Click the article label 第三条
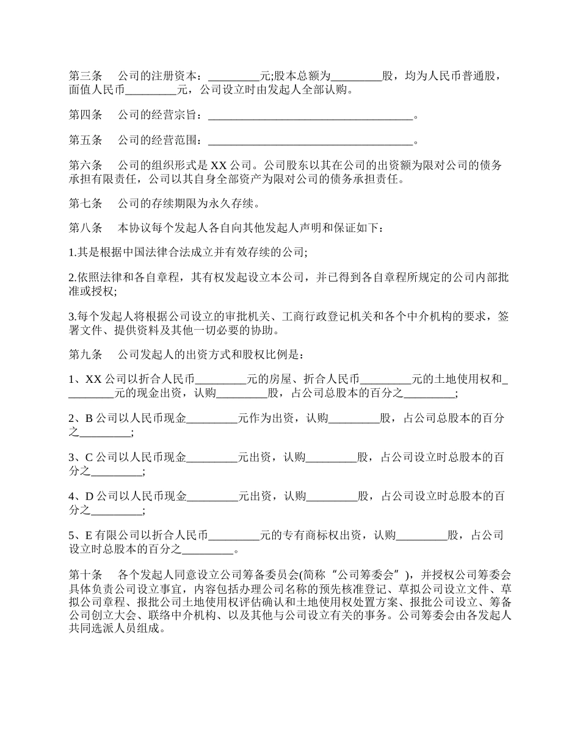pyautogui.click(x=85, y=76)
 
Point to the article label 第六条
pyautogui.click(x=85, y=165)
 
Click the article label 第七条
pyautogui.click(x=85, y=203)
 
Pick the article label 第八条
pyautogui.click(x=85, y=228)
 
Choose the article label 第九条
pyautogui.click(x=85, y=354)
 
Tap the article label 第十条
pyautogui.click(x=85, y=575)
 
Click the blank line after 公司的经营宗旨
pyautogui.click(x=311, y=115)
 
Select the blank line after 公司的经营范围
pyautogui.click(x=311, y=140)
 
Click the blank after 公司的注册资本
pyautogui.click(x=234, y=77)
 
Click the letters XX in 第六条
pyautogui.click(x=219, y=165)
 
